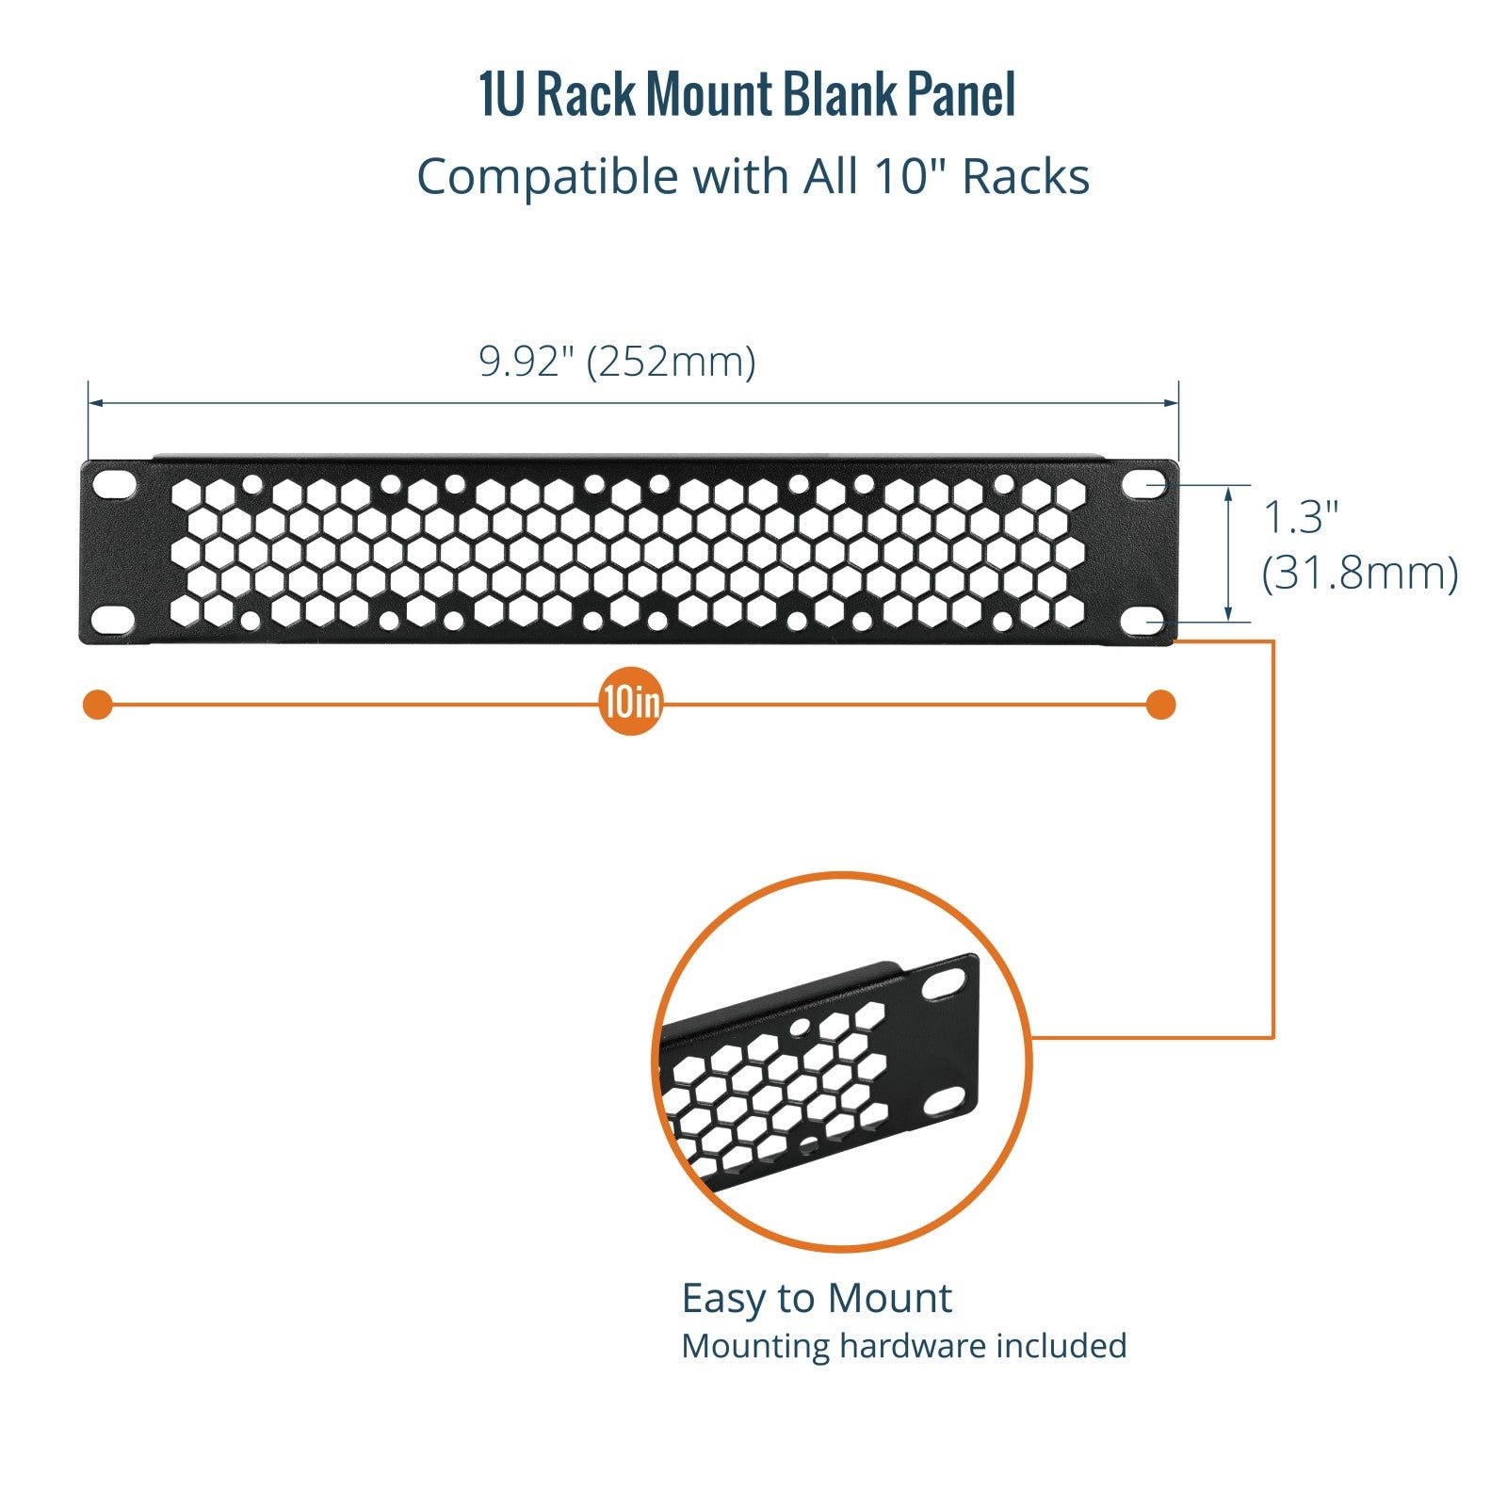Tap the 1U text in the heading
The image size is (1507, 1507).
tap(500, 95)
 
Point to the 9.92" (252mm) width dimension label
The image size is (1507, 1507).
tap(617, 362)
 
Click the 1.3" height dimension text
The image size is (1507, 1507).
tap(1300, 517)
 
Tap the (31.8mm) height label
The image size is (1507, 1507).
tap(1359, 573)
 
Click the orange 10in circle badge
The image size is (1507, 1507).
tap(630, 703)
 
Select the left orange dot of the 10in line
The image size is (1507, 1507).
tap(98, 705)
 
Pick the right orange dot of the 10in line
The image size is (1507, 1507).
tap(1161, 705)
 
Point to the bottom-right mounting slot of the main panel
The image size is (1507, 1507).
tap(1145, 623)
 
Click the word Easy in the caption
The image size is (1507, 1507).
tap(722, 1299)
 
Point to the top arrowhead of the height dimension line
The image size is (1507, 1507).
tap(1228, 493)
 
